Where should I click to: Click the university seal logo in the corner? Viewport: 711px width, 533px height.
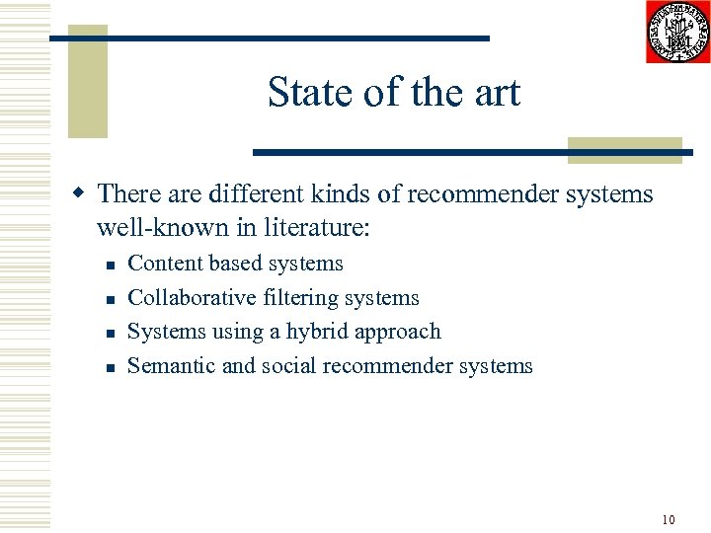coord(677,32)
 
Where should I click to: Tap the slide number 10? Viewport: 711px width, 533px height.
coord(669,519)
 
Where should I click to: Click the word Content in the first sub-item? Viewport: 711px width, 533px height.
coord(165,264)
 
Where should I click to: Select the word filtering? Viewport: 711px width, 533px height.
coord(294,298)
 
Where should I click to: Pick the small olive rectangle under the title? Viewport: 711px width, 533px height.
coord(625,149)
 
